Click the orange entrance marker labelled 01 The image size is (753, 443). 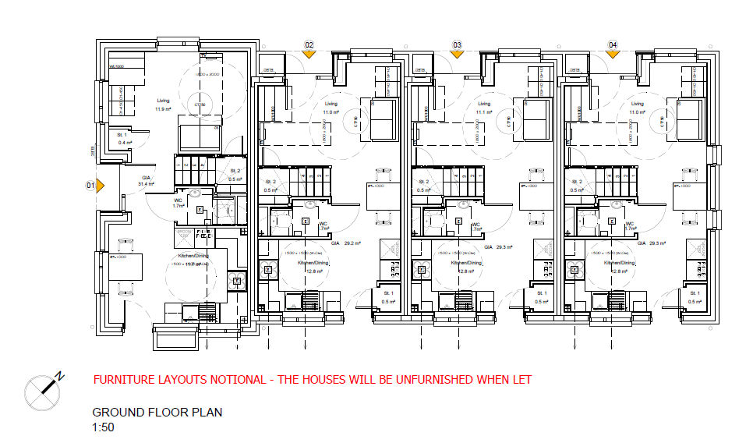pyautogui.click(x=91, y=186)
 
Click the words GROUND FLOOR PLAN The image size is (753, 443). pyautogui.click(x=157, y=413)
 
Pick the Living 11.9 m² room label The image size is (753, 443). pyautogui.click(x=163, y=105)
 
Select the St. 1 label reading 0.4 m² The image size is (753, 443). pyautogui.click(x=122, y=139)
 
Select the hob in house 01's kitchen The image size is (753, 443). pyautogui.click(x=233, y=279)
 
